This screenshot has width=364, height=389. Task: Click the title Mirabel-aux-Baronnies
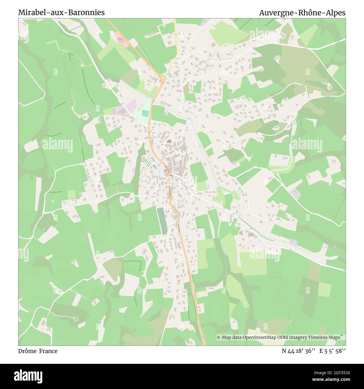click(x=61, y=13)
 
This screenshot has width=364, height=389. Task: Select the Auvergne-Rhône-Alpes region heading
click(x=302, y=13)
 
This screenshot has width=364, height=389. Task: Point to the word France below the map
click(x=48, y=351)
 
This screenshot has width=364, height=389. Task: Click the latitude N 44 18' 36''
click(x=299, y=351)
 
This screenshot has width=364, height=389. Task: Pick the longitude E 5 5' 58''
click(x=332, y=351)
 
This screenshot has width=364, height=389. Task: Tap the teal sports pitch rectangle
click(x=145, y=113)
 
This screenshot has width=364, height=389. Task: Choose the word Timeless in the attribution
click(x=318, y=338)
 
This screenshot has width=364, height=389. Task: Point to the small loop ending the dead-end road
click(x=76, y=319)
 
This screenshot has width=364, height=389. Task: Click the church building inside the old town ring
click(x=169, y=141)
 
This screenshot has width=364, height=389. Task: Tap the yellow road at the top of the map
click(x=176, y=36)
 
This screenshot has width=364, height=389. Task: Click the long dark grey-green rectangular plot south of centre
click(x=162, y=221)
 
